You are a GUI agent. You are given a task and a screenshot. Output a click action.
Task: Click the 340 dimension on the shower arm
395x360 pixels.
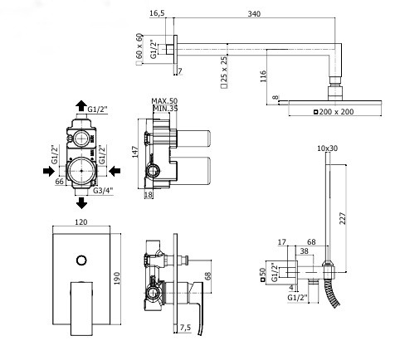[x=254, y=13]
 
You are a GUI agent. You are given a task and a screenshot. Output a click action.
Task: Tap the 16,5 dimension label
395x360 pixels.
[x=157, y=13]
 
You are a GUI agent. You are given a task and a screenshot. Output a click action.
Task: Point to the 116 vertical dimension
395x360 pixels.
[x=263, y=76]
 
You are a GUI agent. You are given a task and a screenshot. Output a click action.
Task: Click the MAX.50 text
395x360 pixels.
[x=164, y=101]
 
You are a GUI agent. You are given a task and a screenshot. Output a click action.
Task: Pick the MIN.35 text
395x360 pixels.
[x=165, y=109]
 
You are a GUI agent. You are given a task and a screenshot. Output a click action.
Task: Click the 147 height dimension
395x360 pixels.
[x=135, y=152]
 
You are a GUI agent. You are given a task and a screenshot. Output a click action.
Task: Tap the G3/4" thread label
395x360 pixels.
[x=103, y=191]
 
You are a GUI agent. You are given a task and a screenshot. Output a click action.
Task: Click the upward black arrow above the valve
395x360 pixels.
[x=81, y=105]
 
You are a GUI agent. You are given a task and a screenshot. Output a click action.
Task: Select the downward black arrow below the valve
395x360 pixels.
[x=81, y=203]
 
